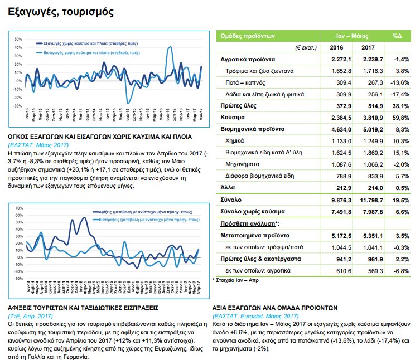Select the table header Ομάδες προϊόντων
click(248, 35)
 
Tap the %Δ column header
click(397, 35)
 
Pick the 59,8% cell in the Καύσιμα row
click(398, 118)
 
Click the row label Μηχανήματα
click(243, 164)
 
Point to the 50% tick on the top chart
click(18, 40)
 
